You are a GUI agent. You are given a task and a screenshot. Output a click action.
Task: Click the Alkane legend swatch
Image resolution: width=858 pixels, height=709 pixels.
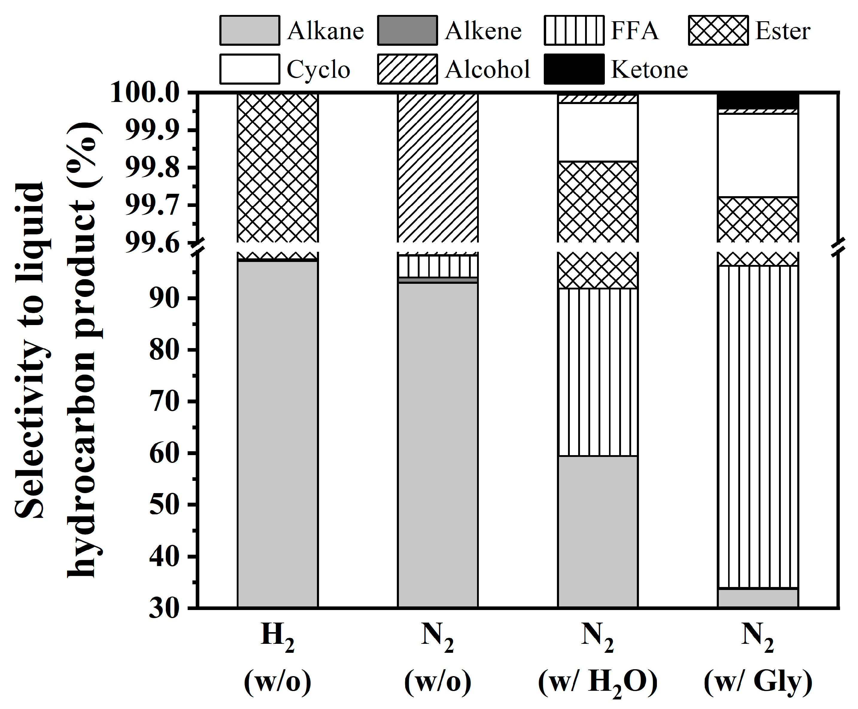tap(250, 30)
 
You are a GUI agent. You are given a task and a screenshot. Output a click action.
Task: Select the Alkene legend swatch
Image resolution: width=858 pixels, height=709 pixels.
tap(407, 30)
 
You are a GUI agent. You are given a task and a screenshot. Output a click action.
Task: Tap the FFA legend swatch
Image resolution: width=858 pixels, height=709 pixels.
tap(574, 30)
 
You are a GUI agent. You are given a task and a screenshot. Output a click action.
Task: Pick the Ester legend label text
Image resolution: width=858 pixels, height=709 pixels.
tap(782, 31)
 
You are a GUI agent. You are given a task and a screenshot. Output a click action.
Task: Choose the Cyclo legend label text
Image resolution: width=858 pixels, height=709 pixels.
tap(318, 69)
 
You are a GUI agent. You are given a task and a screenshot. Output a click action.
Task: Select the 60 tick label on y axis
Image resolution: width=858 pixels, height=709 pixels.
tap(164, 453)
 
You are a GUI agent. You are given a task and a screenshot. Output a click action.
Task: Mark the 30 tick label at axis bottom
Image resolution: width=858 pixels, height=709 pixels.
tap(164, 608)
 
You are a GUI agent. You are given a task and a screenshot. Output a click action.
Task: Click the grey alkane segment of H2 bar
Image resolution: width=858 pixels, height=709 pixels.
tap(277, 433)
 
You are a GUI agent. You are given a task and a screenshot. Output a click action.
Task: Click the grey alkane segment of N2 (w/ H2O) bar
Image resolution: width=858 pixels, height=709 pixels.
tap(598, 530)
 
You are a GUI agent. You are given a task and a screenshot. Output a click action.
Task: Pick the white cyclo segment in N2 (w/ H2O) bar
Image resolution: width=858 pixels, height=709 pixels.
tap(598, 132)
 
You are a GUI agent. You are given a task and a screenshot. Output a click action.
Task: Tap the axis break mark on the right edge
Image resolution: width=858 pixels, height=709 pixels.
tap(838, 247)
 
